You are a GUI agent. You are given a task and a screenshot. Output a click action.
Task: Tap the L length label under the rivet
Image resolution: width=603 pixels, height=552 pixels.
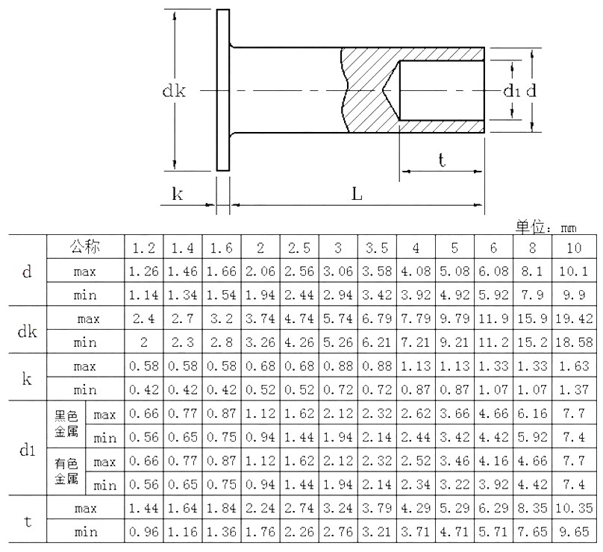[x=357, y=194]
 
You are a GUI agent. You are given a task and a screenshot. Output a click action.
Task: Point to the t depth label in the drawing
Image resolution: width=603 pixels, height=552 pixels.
[x=442, y=160]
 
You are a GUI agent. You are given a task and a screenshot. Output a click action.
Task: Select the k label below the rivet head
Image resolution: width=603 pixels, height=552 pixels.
[x=178, y=194]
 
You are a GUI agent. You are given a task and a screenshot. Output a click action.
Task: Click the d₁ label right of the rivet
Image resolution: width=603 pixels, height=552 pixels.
[x=511, y=91]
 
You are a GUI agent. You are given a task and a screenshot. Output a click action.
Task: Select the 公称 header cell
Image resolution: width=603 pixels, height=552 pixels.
[x=84, y=246]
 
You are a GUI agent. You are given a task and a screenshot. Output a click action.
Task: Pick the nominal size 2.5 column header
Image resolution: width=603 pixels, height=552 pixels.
[x=299, y=248]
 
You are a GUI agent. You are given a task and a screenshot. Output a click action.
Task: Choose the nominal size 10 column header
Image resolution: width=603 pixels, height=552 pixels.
[x=574, y=248]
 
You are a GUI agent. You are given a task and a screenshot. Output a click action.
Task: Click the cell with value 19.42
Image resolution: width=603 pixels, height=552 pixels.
[x=574, y=319]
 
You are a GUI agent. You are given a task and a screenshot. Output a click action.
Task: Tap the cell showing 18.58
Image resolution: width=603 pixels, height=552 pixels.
[x=574, y=343]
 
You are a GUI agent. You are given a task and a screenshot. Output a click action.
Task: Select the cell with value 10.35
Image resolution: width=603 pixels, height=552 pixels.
[x=574, y=509]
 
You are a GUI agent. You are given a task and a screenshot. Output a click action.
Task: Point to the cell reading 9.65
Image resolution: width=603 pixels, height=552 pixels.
[x=574, y=533]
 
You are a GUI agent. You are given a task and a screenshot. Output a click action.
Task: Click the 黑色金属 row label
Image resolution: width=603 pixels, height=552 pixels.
[x=66, y=425]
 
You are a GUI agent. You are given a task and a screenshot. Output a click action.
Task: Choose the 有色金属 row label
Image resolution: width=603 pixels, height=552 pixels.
[x=66, y=473]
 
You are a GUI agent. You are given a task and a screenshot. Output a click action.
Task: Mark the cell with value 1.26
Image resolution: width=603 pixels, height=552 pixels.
[x=143, y=272]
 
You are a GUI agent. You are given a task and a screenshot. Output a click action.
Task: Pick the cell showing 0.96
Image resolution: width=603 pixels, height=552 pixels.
[x=143, y=533]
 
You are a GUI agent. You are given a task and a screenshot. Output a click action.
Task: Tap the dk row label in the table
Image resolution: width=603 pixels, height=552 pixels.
[x=27, y=331]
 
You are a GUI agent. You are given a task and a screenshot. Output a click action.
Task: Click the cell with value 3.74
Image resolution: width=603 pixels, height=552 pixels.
[x=260, y=319]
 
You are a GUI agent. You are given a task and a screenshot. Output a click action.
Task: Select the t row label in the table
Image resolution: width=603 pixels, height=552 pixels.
[x=27, y=521]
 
